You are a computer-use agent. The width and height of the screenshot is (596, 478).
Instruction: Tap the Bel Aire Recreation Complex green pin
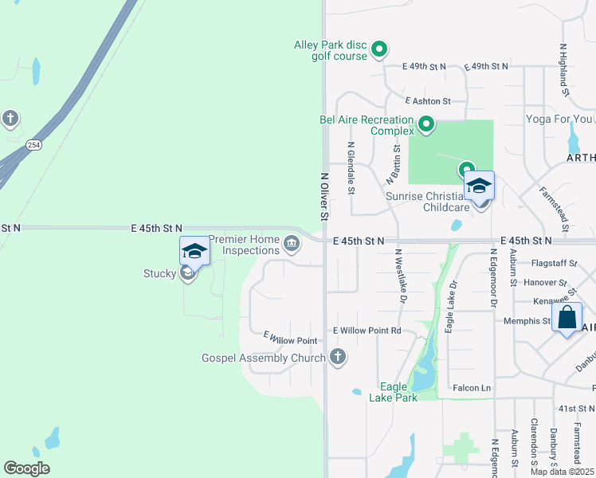coord(426,124)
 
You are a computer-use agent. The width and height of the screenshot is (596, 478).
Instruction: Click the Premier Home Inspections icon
coord(292,243)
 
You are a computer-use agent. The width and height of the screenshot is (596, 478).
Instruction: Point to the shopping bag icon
coord(567,317)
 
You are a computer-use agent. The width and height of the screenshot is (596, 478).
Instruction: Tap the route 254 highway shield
coord(33,145)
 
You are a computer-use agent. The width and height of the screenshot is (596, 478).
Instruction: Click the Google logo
coord(26,468)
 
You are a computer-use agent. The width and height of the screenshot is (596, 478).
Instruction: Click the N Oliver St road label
coord(324,196)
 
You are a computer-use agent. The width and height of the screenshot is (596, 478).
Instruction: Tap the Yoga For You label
coord(559,119)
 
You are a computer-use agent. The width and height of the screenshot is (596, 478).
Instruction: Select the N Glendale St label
coord(351,167)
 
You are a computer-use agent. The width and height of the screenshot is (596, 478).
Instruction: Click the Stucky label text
coord(159,275)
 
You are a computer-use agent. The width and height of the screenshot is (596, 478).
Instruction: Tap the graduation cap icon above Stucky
coord(194,251)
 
